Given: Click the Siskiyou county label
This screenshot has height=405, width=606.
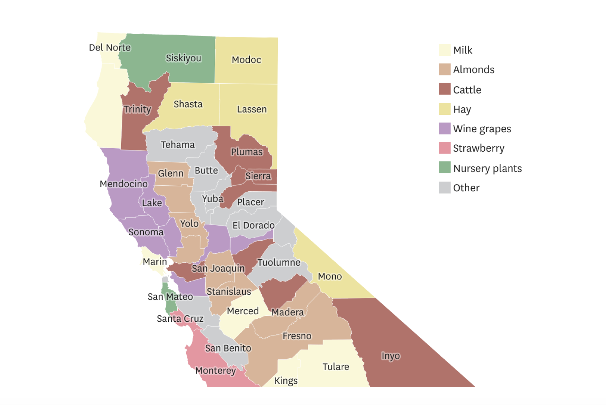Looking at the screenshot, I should [x=183, y=58].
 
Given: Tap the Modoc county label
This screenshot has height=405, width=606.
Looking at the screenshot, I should [x=246, y=60].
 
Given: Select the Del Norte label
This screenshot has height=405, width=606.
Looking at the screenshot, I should [x=110, y=48].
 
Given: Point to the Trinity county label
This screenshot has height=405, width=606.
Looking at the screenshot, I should [x=137, y=109].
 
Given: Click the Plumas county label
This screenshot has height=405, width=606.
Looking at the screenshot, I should [x=246, y=152].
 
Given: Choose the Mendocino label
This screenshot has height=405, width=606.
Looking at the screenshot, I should [x=123, y=184].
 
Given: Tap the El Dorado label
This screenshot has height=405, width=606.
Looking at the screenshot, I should [x=253, y=225].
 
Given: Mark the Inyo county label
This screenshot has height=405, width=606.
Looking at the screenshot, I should [x=390, y=356].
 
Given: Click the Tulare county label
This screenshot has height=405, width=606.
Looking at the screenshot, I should [x=335, y=367].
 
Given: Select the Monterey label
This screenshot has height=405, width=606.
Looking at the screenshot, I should [x=215, y=371].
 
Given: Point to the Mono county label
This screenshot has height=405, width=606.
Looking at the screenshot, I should [x=329, y=276].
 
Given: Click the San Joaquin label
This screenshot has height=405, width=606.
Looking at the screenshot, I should [x=218, y=268].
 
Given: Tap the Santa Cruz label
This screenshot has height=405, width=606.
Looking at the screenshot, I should [x=180, y=319].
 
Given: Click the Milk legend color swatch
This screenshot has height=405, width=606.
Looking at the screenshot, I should [x=444, y=50].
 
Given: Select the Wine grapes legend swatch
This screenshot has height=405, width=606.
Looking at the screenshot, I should [x=444, y=129].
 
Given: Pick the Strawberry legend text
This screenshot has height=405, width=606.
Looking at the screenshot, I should [x=478, y=148].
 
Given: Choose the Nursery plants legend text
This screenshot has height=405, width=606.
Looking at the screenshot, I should [x=487, y=168].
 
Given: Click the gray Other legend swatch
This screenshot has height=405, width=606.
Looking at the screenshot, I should [x=444, y=188].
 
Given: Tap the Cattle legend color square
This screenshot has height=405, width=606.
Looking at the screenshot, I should [x=444, y=89].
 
